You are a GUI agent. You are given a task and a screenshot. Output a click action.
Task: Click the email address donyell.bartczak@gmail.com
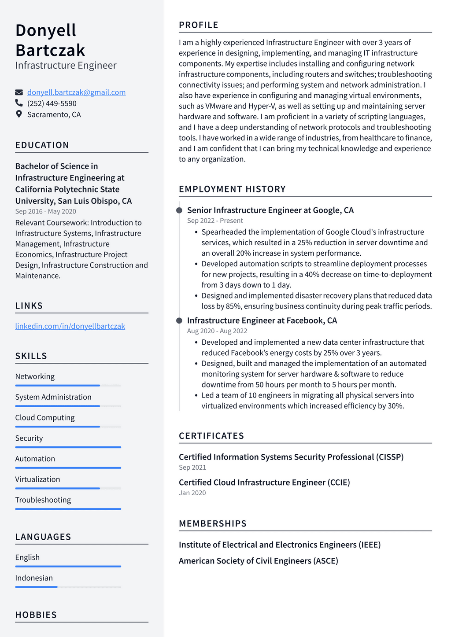(76, 92)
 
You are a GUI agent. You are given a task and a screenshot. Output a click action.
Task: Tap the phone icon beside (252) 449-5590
(19, 103)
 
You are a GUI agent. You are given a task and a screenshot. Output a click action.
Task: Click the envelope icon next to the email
(19, 92)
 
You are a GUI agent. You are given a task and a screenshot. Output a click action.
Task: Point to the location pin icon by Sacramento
(19, 114)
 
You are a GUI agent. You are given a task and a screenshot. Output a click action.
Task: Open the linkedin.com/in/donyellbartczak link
(70, 326)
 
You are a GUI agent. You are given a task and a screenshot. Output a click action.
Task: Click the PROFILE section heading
(199, 25)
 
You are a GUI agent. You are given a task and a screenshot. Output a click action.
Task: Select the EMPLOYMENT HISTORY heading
(232, 189)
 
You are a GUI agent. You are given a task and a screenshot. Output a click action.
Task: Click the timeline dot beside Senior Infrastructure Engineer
(179, 210)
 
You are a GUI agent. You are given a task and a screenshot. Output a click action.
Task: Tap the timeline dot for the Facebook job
(179, 320)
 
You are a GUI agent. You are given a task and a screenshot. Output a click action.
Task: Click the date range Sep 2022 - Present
(215, 221)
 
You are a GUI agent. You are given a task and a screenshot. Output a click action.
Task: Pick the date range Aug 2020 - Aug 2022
(217, 331)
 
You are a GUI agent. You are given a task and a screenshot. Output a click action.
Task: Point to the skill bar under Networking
(68, 386)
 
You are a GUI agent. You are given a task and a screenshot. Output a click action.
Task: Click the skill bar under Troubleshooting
(68, 509)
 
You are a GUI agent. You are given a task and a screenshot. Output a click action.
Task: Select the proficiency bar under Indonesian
(68, 587)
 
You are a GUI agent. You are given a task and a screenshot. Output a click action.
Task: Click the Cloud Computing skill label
(45, 418)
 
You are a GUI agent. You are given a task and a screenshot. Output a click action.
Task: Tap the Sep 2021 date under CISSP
(192, 468)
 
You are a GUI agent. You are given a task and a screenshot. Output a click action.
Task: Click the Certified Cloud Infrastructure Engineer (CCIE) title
(264, 482)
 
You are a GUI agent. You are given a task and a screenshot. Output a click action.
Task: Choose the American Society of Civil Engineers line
(259, 561)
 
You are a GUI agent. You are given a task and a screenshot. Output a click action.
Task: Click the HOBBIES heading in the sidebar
(36, 615)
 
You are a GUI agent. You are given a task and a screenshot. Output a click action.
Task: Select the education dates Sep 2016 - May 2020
(46, 211)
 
